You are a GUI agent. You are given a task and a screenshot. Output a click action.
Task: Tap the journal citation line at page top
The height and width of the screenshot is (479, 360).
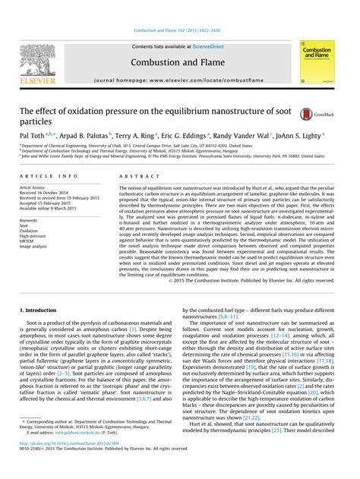(179, 10)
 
